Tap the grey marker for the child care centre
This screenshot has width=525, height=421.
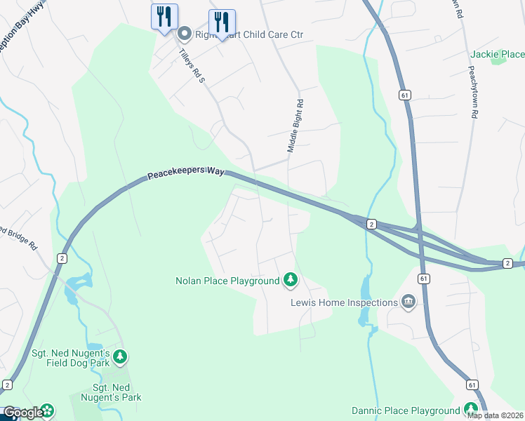(185, 33)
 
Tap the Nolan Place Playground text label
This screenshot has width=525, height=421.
(227, 281)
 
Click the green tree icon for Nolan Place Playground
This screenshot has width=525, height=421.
(290, 281)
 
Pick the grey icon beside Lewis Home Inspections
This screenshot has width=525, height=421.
(408, 302)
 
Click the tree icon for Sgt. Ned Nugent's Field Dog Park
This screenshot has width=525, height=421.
(120, 357)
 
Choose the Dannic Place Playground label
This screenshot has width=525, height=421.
(405, 410)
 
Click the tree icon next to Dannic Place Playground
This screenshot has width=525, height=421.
(470, 410)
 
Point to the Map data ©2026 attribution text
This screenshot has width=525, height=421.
(495, 415)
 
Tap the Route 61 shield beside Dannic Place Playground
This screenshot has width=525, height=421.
(472, 385)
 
